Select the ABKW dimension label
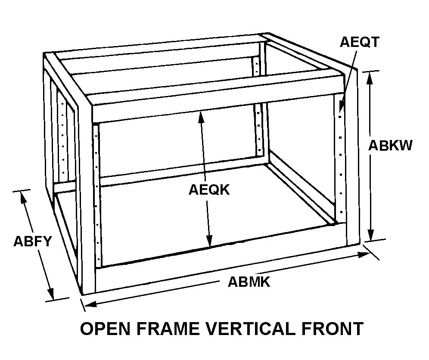point(390,145)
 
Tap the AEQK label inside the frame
point(209,190)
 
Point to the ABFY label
point(32,241)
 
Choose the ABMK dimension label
point(249,282)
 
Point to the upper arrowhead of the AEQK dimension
point(201,115)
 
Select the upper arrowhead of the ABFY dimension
point(22,196)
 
